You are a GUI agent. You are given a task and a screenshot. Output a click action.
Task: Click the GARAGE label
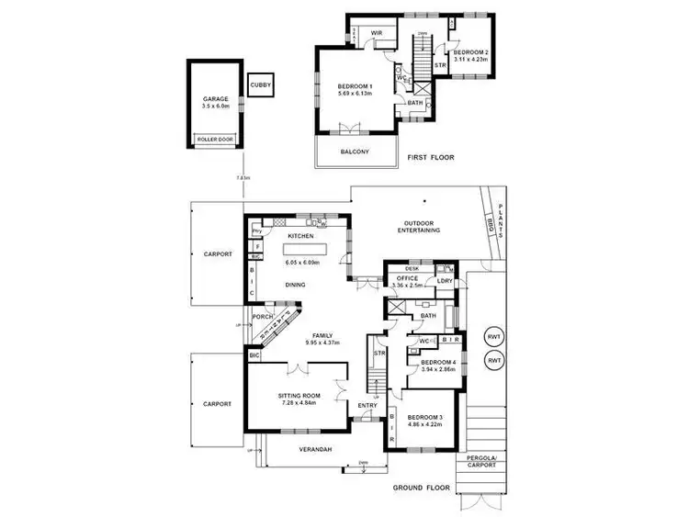point(214,99)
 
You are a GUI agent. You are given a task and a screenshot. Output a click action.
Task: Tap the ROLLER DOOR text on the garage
point(214,140)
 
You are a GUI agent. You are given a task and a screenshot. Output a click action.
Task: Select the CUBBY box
point(260,84)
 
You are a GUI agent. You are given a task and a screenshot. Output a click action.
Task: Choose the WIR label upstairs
point(376,33)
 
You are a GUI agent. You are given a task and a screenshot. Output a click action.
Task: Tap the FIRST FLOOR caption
point(431,158)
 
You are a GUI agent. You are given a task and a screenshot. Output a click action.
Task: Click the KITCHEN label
point(301,236)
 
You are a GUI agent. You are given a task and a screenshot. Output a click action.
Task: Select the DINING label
point(295,285)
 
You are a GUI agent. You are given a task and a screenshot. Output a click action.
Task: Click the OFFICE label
point(407,276)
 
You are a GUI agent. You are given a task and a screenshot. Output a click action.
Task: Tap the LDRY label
point(446,281)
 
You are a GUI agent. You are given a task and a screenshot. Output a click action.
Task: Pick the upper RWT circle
point(494,337)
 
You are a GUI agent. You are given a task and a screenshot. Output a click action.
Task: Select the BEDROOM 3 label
point(424,419)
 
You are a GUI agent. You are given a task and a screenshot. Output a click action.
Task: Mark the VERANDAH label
point(312,449)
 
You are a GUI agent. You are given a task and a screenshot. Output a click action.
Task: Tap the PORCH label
point(263,318)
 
